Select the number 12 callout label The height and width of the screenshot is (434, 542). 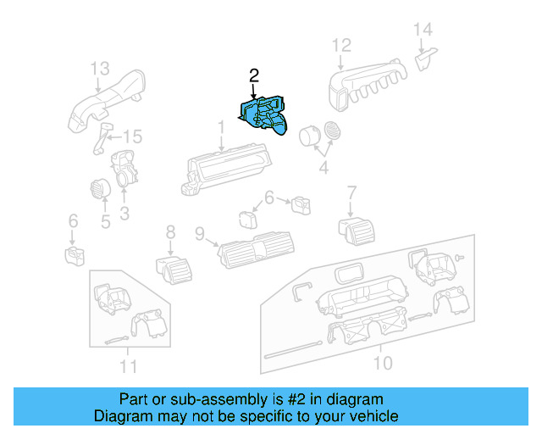pos(340,45)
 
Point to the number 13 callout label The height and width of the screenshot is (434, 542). pos(100,67)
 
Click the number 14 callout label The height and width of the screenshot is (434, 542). pos(423,30)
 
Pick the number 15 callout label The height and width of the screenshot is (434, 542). pos(133,136)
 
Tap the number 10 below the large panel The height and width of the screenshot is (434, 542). pos(383,363)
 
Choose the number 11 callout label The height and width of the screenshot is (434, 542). pos(127,366)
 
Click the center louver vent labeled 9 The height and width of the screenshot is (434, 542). pos(255,249)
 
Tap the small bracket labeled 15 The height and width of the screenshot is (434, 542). pos(103,137)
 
